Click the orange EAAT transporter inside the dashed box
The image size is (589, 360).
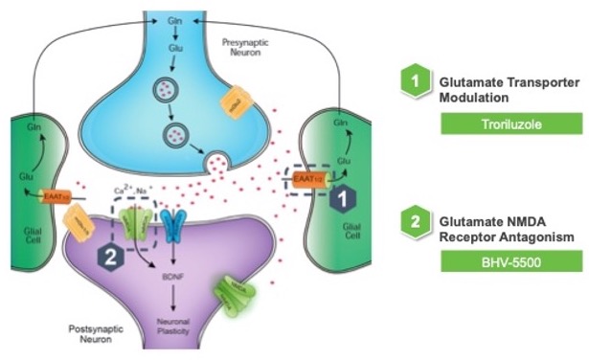coord(306,177)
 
